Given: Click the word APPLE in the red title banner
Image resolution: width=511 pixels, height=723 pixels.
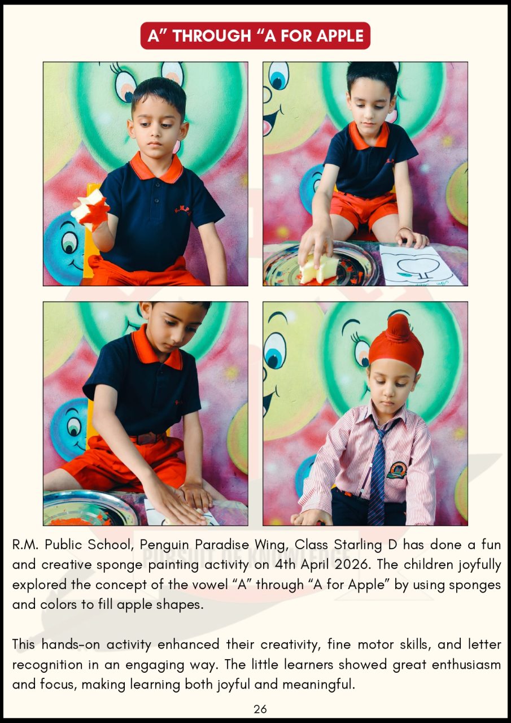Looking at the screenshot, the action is click(x=340, y=36).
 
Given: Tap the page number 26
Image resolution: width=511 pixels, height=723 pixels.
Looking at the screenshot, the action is click(x=260, y=709).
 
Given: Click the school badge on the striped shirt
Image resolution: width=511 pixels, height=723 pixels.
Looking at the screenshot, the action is click(x=396, y=471).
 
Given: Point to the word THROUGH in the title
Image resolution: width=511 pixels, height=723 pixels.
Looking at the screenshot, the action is click(x=212, y=36).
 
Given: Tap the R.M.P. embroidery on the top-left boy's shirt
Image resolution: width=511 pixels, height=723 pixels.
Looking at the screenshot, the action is click(x=183, y=210).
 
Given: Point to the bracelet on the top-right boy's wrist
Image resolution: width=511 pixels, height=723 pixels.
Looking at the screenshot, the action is click(x=405, y=229).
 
